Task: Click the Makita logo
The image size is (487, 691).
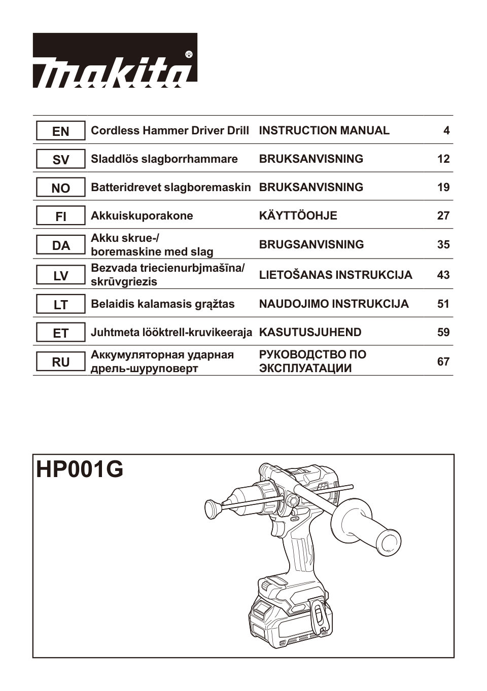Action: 115,60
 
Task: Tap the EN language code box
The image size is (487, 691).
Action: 60,131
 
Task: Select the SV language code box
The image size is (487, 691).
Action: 60,159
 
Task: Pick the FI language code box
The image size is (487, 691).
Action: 60,216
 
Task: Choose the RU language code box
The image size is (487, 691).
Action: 60,362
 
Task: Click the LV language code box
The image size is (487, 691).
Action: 60,276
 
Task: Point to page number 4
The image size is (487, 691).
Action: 446,131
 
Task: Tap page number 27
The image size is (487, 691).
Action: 443,216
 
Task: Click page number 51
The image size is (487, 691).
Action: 443,304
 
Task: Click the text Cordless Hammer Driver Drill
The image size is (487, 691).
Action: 169,131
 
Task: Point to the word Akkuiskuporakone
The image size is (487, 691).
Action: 142,216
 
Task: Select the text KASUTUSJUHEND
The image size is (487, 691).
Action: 310,333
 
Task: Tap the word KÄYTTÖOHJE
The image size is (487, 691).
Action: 298,216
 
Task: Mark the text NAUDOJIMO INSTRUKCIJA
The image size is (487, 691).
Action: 333,304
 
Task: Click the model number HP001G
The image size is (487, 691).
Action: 80,469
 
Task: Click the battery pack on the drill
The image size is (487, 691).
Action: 284,616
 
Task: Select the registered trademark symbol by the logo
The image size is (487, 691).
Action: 189,54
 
